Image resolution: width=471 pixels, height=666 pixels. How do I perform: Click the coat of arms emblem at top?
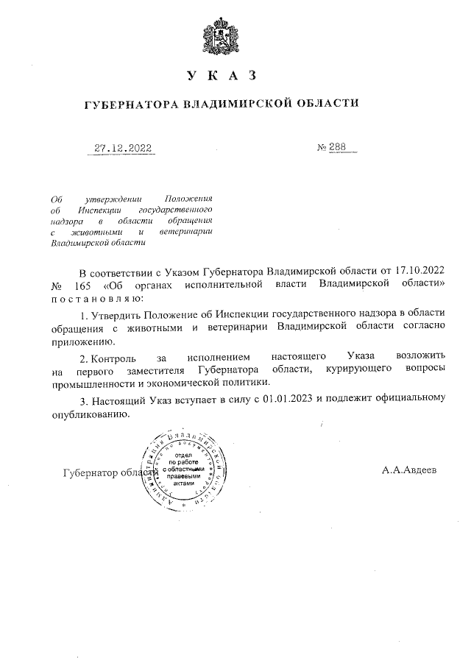click(221, 35)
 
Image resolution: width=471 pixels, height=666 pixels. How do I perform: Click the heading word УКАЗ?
click(221, 76)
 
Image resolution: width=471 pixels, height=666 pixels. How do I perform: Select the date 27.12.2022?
click(123, 148)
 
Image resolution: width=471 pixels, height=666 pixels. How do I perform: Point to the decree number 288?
click(336, 148)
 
